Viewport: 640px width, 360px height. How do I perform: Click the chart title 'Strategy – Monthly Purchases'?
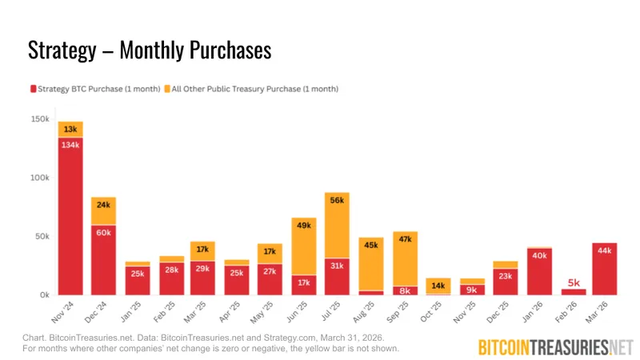[150, 50]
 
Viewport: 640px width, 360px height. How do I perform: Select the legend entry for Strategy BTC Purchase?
[94, 89]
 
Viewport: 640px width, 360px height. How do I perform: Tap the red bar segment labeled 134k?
[70, 216]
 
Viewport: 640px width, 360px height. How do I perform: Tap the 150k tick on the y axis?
[39, 118]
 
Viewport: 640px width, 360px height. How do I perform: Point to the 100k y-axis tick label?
[39, 178]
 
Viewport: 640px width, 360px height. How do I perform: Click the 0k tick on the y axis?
[44, 295]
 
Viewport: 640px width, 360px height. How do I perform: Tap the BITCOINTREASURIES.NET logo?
[555, 346]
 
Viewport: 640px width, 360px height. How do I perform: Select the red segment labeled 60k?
[103, 260]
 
